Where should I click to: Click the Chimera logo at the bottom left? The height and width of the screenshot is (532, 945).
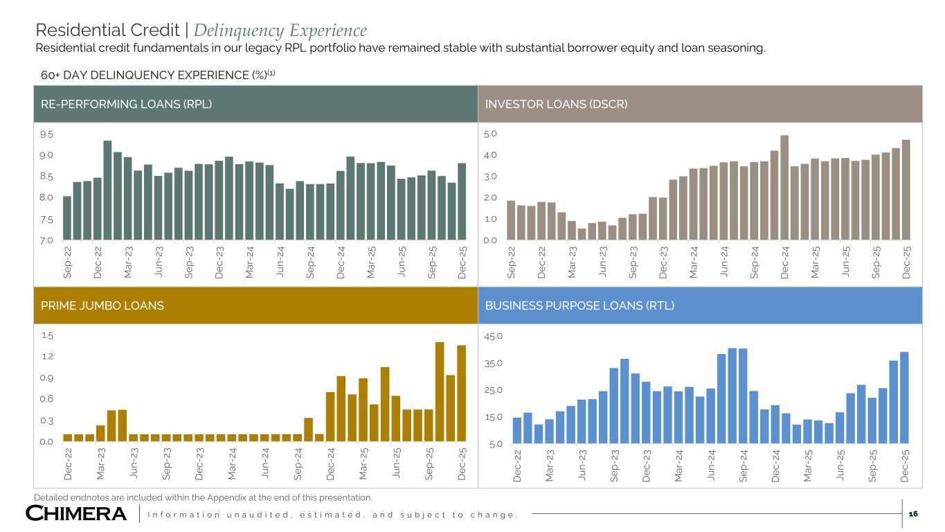point(76,514)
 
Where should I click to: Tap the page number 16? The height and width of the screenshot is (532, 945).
point(913,513)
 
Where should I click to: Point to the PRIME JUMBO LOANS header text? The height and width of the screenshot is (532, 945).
point(98,305)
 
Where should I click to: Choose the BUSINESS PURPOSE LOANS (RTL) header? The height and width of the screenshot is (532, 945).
point(580,305)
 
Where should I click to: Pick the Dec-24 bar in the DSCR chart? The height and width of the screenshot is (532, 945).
point(784,188)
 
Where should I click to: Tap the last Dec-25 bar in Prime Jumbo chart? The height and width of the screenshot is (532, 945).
point(461,392)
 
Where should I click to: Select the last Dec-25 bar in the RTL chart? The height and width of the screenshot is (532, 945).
point(904,398)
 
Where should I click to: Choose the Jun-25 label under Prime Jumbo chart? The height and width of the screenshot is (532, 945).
point(397,463)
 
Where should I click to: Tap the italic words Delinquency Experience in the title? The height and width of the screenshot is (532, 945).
point(280,30)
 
